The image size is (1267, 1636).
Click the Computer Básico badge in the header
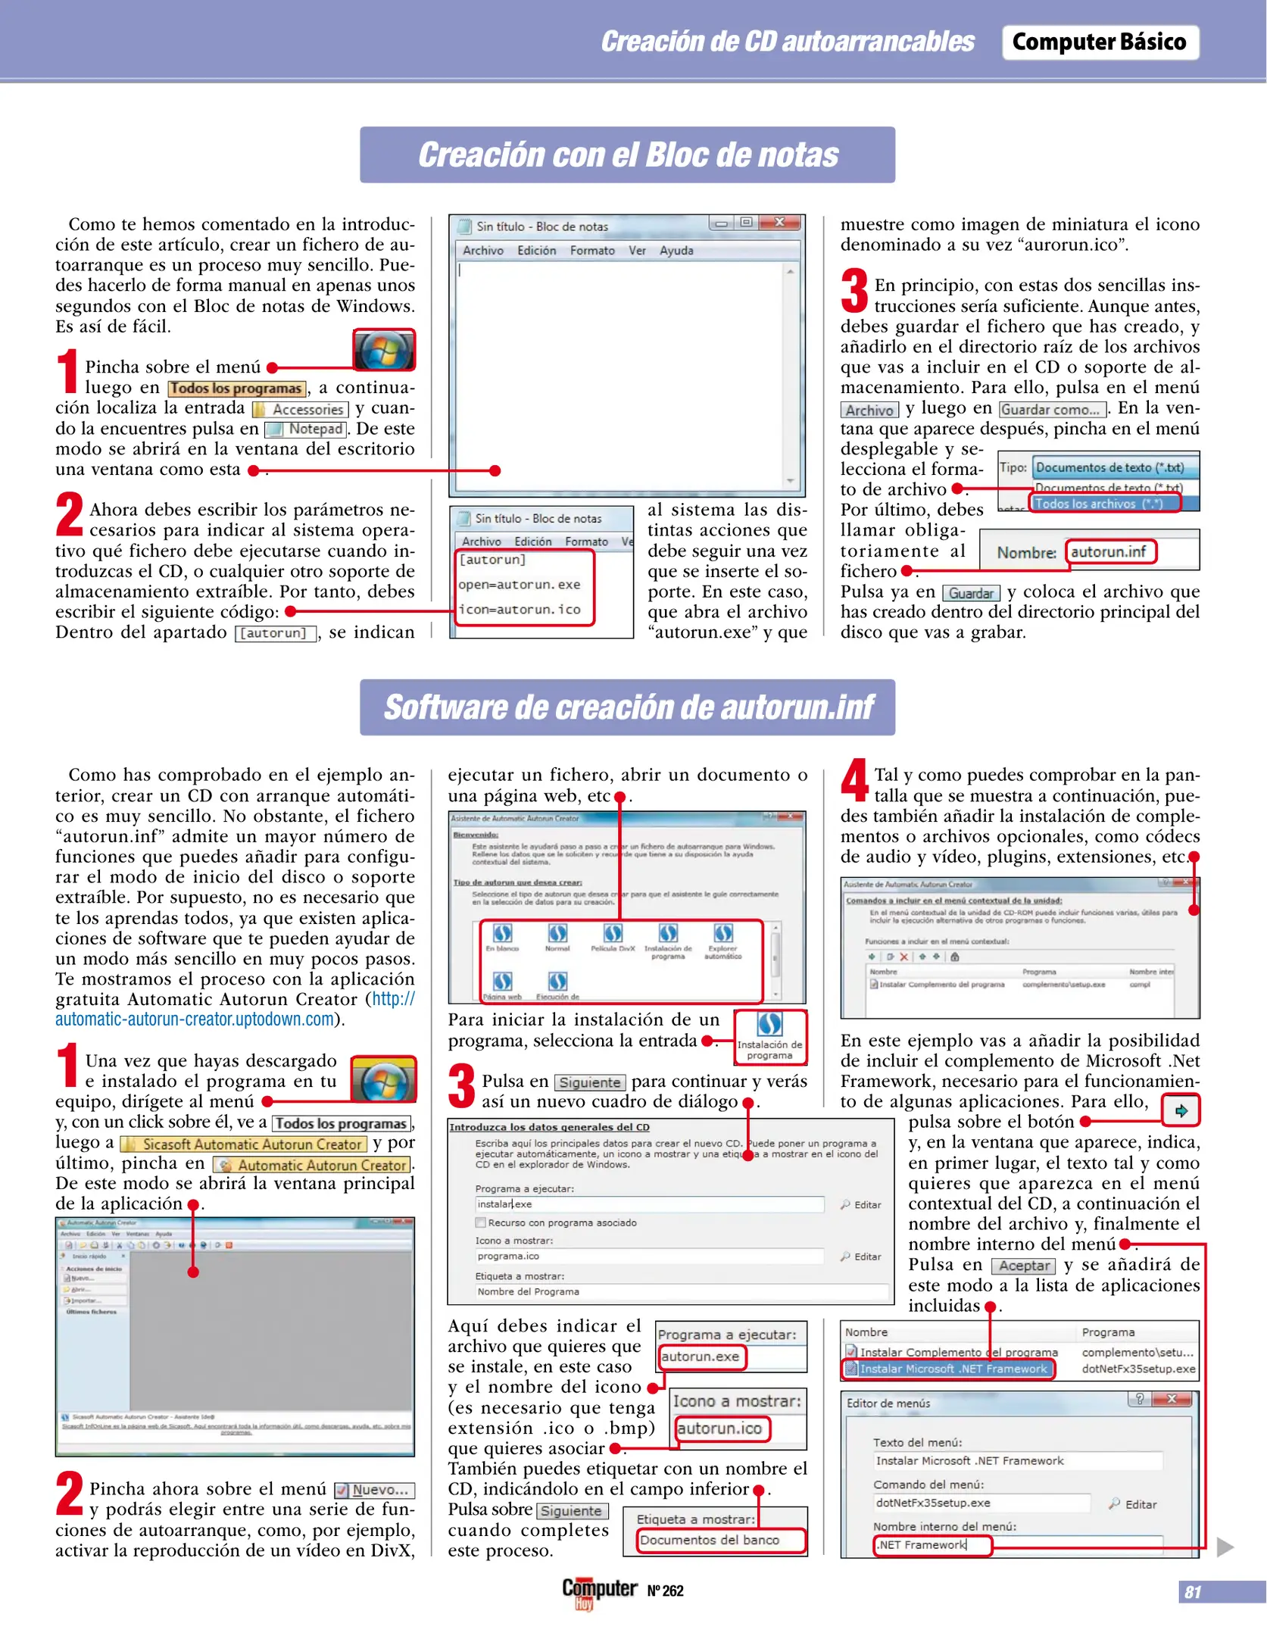tap(1099, 42)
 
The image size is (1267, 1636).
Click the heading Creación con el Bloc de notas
tap(627, 155)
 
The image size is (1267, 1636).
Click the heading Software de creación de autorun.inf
tap(627, 707)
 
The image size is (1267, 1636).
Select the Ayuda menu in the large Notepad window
tap(676, 251)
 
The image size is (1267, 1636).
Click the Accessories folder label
tap(307, 410)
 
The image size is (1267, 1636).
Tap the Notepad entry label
tap(314, 429)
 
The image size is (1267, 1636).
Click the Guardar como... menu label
tap(1050, 410)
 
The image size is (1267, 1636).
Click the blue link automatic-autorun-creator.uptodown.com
tap(195, 1019)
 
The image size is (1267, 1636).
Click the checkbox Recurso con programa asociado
tap(480, 1222)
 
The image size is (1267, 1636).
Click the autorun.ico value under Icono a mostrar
tap(719, 1428)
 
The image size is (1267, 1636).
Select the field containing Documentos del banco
tap(719, 1540)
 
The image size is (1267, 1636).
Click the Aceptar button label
tap(1024, 1266)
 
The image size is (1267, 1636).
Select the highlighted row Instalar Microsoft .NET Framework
tap(952, 1369)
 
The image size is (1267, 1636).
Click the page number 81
tap(1192, 1592)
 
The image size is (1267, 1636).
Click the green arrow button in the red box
tap(1181, 1111)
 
